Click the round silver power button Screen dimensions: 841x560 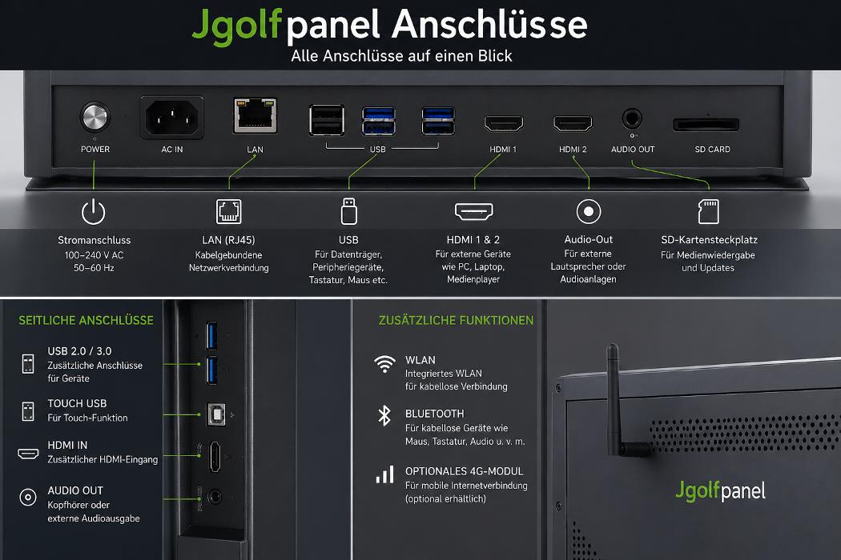95,117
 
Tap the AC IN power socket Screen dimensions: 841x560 171,118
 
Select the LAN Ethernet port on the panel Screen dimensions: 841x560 256,115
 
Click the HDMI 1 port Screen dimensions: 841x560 504,123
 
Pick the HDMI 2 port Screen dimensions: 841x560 573,123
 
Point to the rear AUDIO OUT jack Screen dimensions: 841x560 632,118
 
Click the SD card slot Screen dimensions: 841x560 706,125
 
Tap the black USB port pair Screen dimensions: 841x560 327,120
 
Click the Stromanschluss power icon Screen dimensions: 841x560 94,212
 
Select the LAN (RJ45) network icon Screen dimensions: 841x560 228,211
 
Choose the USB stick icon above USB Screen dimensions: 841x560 348,210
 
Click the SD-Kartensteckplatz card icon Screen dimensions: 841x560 709,211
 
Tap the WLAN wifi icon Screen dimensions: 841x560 384,364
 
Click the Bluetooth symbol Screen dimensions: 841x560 384,415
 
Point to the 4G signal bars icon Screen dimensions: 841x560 385,474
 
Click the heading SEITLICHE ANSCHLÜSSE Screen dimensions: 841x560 86,321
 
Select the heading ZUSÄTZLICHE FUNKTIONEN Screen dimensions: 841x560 456,321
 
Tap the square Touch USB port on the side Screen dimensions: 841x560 216,414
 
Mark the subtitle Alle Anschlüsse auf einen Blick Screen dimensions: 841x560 401,56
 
